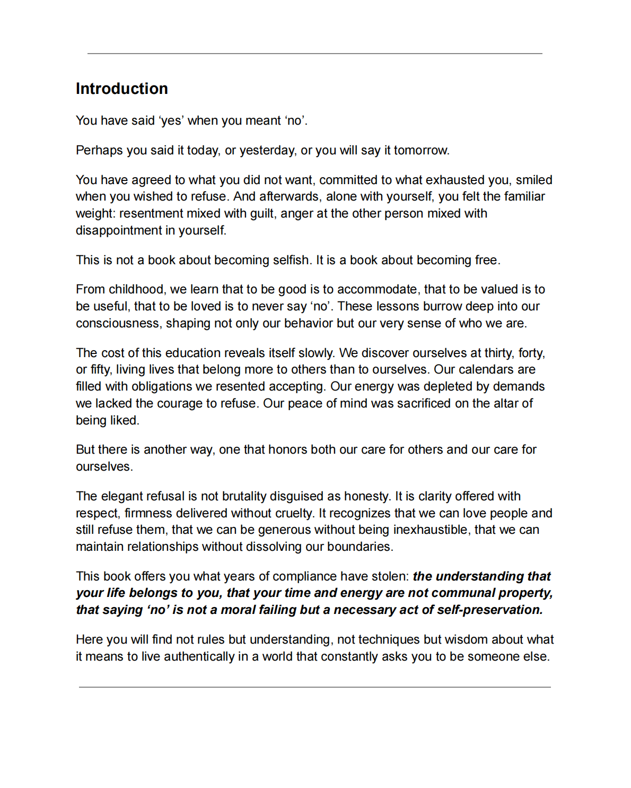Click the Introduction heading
121,89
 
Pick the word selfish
291,260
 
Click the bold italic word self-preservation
490,610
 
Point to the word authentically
199,656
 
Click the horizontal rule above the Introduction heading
315,54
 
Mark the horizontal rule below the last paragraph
315,687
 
